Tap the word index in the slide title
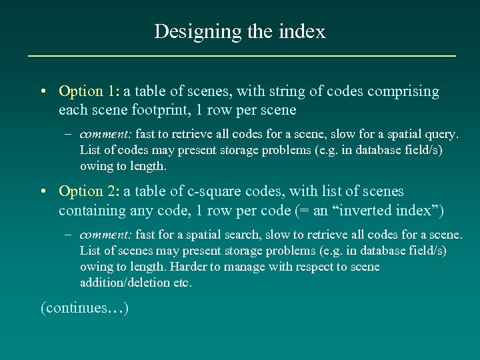(305, 31)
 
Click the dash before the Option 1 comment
(69, 134)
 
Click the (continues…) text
(85, 308)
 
